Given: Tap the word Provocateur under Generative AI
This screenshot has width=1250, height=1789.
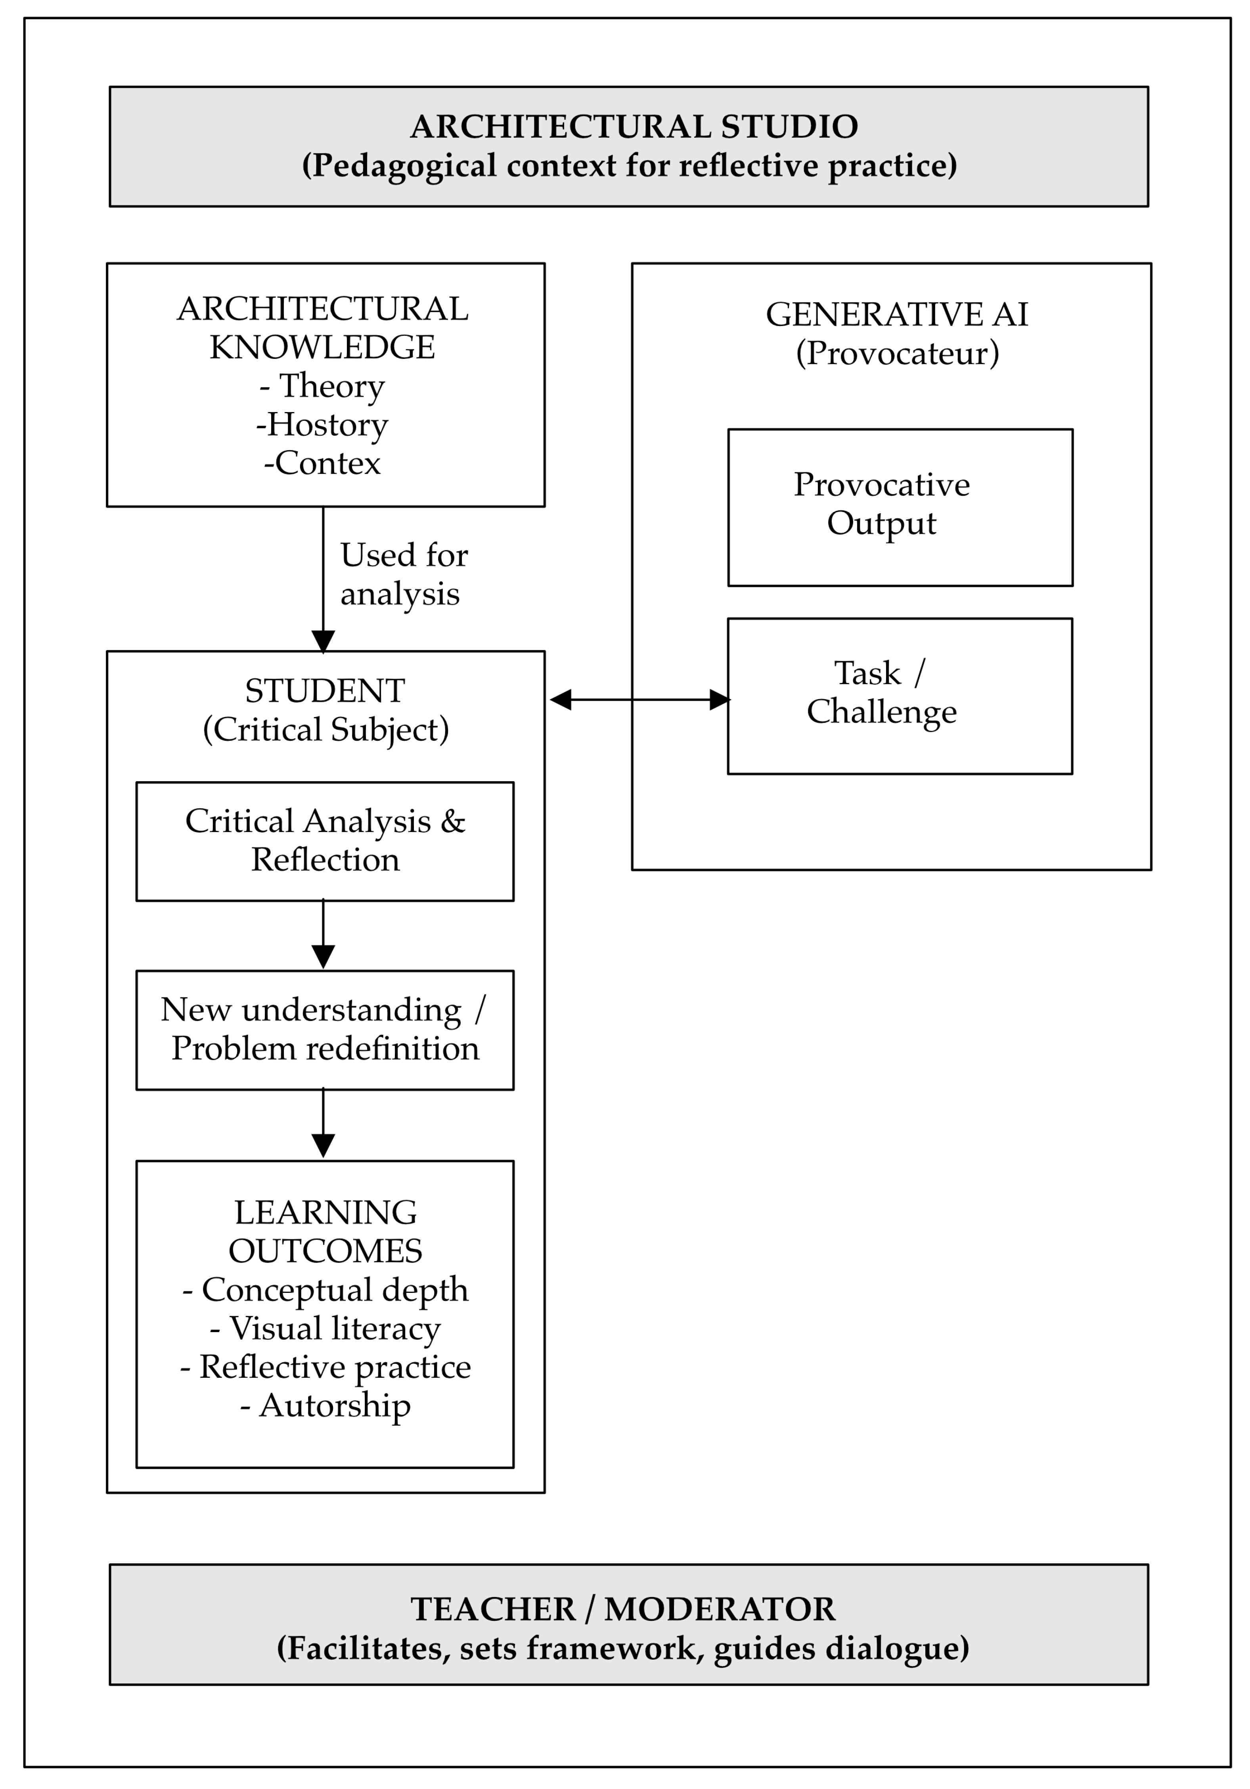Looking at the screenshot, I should click(896, 353).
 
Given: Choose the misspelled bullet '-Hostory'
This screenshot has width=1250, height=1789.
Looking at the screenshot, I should click(322, 425).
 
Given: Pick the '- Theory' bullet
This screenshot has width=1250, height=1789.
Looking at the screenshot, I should click(322, 386).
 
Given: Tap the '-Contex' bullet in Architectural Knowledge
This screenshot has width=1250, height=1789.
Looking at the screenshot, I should click(322, 463).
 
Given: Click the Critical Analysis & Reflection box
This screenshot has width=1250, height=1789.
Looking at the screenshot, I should click(325, 841).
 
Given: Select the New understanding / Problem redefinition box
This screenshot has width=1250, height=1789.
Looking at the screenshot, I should click(325, 1029).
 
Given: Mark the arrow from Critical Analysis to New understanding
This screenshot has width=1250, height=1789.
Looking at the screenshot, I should click(323, 935).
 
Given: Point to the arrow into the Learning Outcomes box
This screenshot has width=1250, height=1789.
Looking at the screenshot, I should click(323, 1124).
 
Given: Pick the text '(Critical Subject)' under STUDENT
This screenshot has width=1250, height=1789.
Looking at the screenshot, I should click(325, 729).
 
